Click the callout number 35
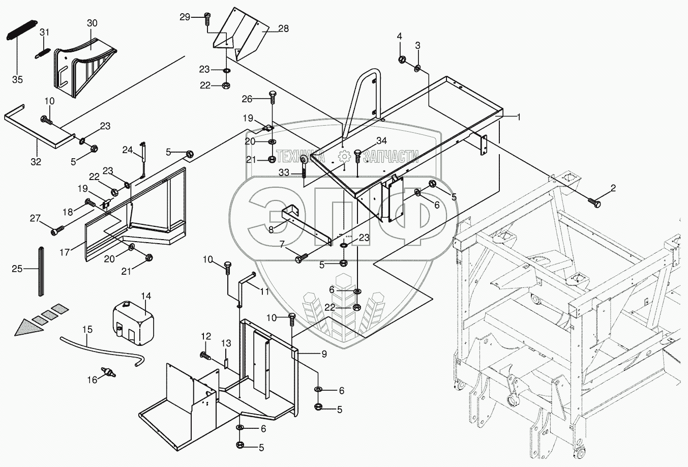pyautogui.click(x=17, y=80)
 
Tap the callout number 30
pyautogui.click(x=92, y=23)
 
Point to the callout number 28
pyautogui.click(x=283, y=28)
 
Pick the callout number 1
pyautogui.click(x=518, y=116)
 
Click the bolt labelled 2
pyautogui.click(x=594, y=202)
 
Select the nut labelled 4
pyautogui.click(x=400, y=59)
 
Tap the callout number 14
pyautogui.click(x=146, y=296)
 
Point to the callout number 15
pyautogui.click(x=87, y=330)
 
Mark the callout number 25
pyautogui.click(x=17, y=269)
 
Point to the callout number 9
pyautogui.click(x=323, y=353)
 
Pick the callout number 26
pyautogui.click(x=261, y=98)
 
